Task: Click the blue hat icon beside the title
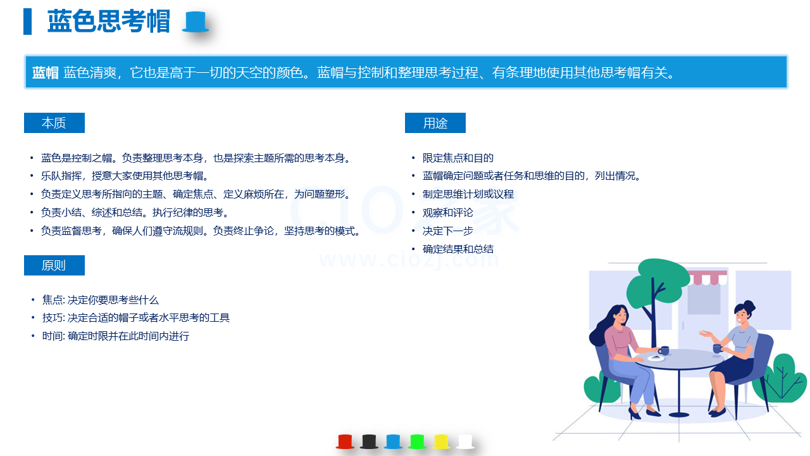pos(196,22)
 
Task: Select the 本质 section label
pos(54,123)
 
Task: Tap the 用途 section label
pos(435,123)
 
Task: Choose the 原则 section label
pos(54,265)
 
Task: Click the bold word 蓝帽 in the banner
pos(45,73)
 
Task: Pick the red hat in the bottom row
pos(345,441)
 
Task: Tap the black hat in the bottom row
pos(369,441)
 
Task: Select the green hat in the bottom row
pos(417,441)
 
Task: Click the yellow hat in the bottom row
pos(441,441)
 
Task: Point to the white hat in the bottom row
pos(465,441)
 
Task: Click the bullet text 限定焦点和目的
pos(458,158)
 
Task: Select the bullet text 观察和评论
pos(447,213)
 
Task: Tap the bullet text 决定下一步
pos(447,231)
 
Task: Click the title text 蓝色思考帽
pos(108,22)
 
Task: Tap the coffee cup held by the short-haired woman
pos(718,348)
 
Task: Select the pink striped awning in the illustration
pos(707,277)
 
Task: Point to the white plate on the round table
pos(656,358)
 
